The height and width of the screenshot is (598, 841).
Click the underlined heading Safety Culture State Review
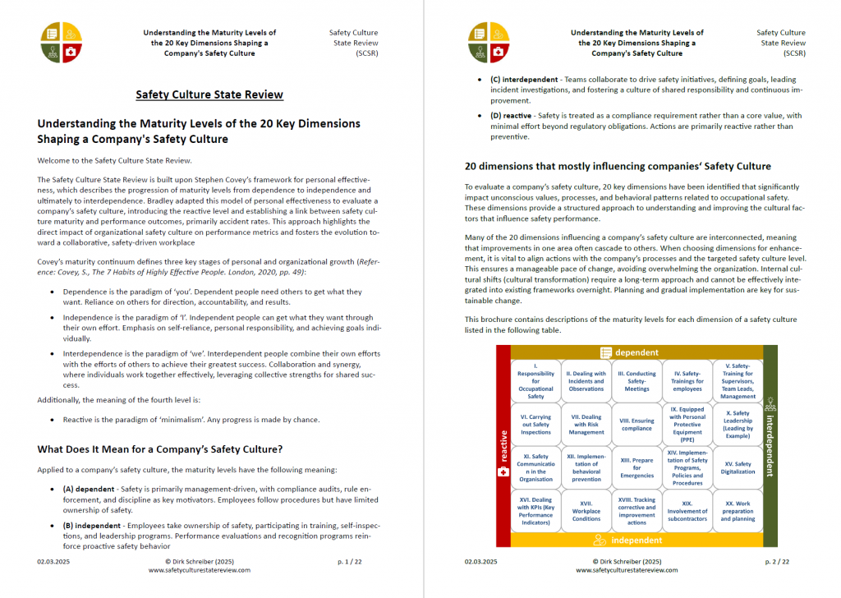pyautogui.click(x=209, y=94)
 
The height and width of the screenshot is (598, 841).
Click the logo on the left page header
pyautogui.click(x=62, y=43)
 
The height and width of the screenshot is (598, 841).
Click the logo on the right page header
pyautogui.click(x=489, y=43)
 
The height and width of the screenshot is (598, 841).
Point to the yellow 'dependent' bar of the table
pyautogui.click(x=636, y=352)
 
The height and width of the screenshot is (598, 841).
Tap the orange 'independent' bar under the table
pyautogui.click(x=636, y=540)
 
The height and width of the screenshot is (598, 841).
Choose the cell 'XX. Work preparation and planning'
pyautogui.click(x=738, y=511)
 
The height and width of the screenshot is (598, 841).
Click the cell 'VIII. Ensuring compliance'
pyautogui.click(x=636, y=423)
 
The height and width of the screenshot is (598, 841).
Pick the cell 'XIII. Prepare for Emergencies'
pyautogui.click(x=636, y=467)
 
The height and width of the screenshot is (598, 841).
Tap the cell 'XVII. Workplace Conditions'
pyautogui.click(x=586, y=511)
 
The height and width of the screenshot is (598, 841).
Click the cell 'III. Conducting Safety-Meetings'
pyautogui.click(x=636, y=380)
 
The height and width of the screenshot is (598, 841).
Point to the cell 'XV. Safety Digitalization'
pyautogui.click(x=738, y=467)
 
